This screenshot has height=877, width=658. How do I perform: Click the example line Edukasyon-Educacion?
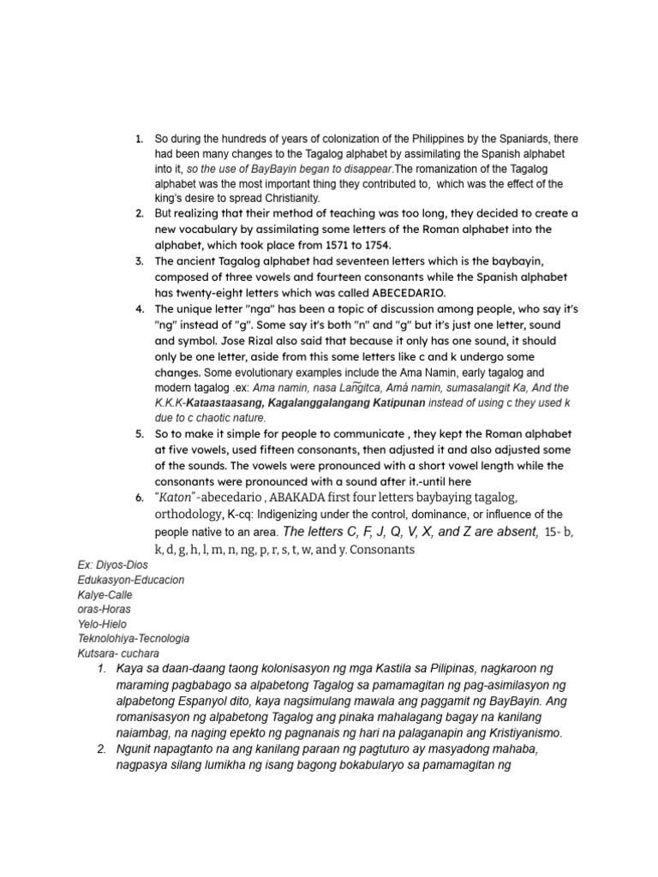coord(130,580)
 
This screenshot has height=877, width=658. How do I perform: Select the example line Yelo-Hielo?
coord(101,623)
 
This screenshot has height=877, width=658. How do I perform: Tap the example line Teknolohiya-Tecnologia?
coord(133,638)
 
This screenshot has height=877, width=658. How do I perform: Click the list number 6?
coord(139,498)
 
